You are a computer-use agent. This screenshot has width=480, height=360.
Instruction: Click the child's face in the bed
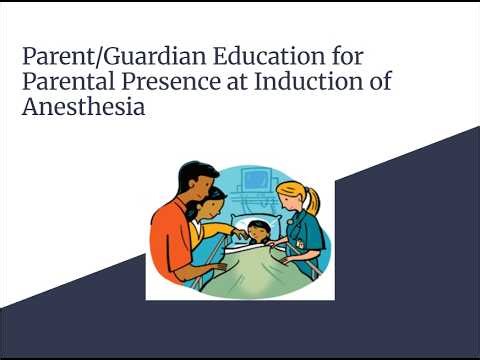[259, 232]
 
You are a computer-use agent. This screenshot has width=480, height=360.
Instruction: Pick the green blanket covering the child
[250, 268]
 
